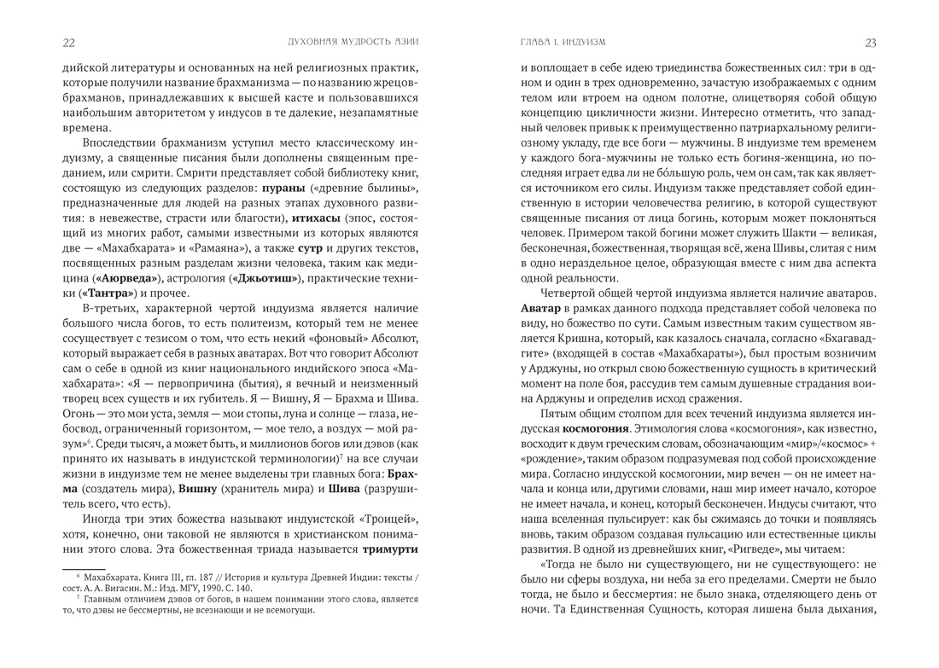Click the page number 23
[x=870, y=42]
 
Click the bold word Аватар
[x=545, y=306]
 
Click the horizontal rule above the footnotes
[x=84, y=567]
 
